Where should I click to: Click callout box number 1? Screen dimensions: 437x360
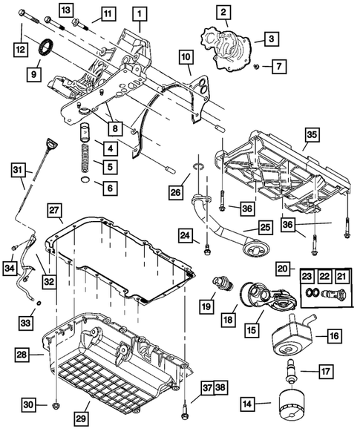point(140,13)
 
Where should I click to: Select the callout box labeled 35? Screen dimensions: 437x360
point(312,135)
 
